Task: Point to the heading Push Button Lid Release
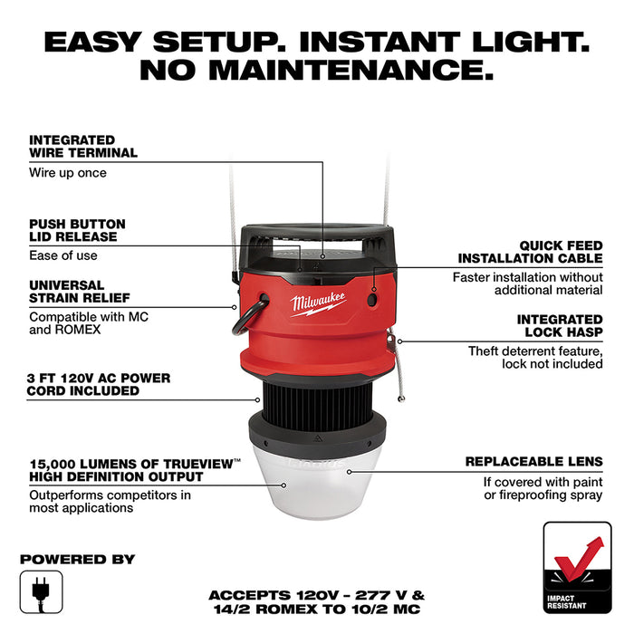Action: (77, 230)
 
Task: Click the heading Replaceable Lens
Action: (533, 461)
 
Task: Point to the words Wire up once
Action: (68, 173)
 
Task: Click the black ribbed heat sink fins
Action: (317, 397)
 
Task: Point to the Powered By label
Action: (77, 559)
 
